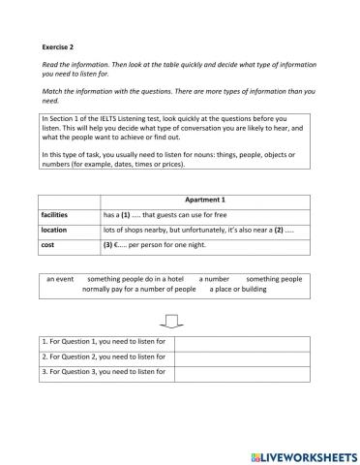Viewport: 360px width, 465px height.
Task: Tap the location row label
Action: [x=55, y=231]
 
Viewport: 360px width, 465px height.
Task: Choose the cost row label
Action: [x=48, y=247]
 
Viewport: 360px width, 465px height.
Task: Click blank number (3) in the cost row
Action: [x=108, y=247]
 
